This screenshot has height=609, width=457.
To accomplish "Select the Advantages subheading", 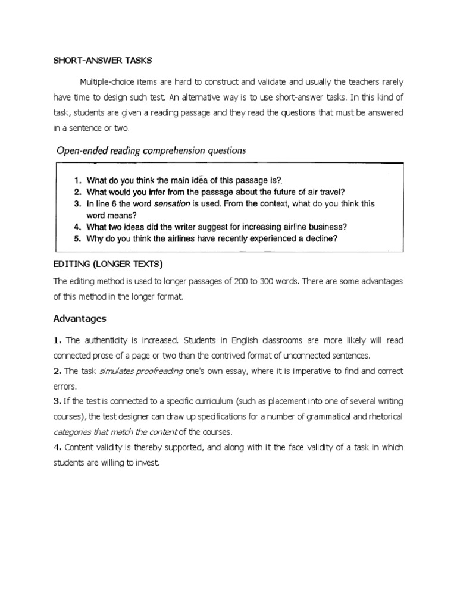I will (x=80, y=319).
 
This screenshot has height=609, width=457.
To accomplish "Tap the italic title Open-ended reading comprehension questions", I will (x=150, y=151).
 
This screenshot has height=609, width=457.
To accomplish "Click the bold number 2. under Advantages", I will (x=58, y=371).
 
